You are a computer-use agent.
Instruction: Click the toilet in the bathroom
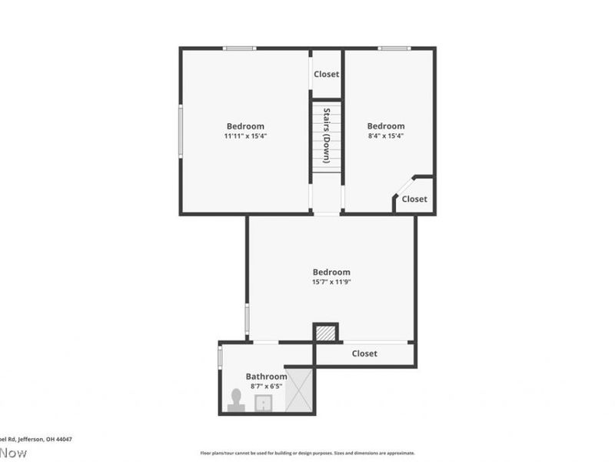pyautogui.click(x=237, y=401)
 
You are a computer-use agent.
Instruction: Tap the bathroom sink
pyautogui.click(x=264, y=403)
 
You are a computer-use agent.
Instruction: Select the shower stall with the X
pyautogui.click(x=299, y=389)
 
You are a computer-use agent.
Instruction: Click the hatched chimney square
pyautogui.click(x=326, y=333)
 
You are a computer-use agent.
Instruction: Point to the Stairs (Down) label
pyautogui.click(x=327, y=135)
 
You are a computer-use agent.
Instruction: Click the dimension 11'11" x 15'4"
pyautogui.click(x=245, y=136)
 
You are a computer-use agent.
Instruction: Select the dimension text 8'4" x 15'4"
pyautogui.click(x=385, y=136)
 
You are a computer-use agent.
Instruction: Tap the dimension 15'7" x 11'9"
pyautogui.click(x=331, y=282)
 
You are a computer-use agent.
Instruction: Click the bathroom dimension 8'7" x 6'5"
pyautogui.click(x=266, y=387)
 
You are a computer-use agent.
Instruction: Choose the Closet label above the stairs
pyautogui.click(x=326, y=75)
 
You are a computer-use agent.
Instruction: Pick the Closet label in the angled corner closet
pyautogui.click(x=414, y=199)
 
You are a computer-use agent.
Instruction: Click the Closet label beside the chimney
pyautogui.click(x=364, y=354)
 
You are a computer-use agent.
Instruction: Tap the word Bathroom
pyautogui.click(x=266, y=377)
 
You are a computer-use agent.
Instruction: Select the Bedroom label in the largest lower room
pyautogui.click(x=331, y=272)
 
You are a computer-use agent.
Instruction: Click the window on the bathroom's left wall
pyautogui.click(x=220, y=357)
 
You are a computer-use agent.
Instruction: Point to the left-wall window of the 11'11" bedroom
pyautogui.click(x=181, y=132)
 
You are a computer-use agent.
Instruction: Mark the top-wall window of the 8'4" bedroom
pyautogui.click(x=394, y=49)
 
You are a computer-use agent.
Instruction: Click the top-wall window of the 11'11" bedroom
pyautogui.click(x=239, y=49)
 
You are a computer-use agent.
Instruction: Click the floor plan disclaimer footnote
pyautogui.click(x=307, y=454)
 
